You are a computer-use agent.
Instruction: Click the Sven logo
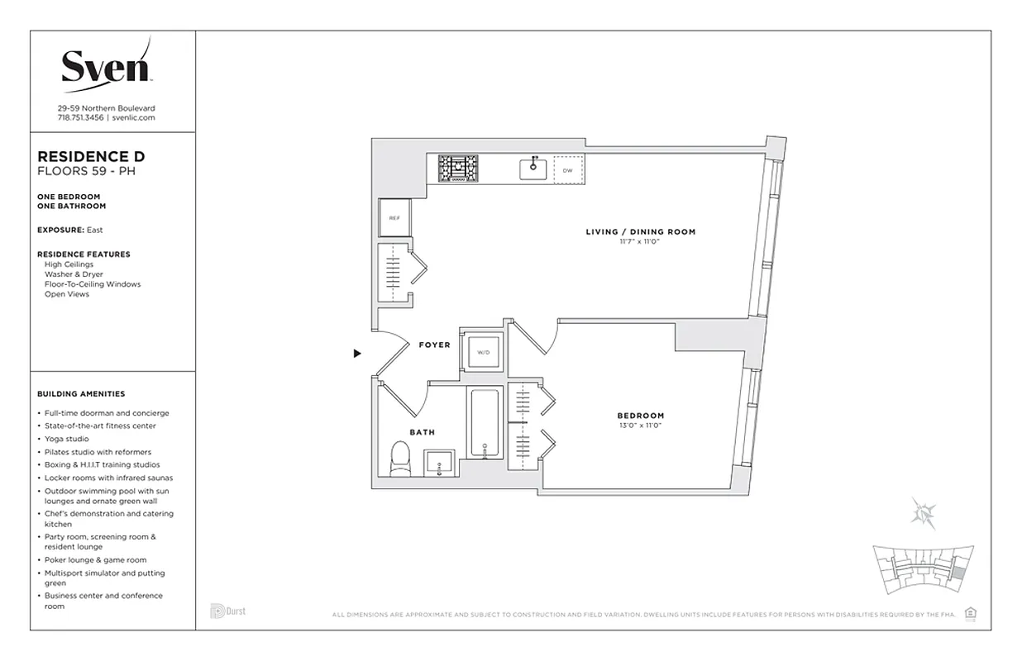tap(106, 66)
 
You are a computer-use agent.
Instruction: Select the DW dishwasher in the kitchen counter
tap(567, 170)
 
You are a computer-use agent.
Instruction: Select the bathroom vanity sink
tap(438, 464)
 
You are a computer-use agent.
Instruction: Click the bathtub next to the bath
tap(484, 423)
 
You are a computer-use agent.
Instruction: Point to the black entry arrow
tap(357, 354)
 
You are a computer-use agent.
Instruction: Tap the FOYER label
tap(434, 345)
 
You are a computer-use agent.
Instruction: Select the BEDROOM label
tap(640, 416)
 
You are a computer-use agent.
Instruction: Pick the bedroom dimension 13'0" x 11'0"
tap(640, 426)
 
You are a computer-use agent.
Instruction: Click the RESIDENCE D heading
tap(92, 156)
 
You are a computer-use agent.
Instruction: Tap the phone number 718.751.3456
tap(80, 118)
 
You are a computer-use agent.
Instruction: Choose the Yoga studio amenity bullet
tap(66, 439)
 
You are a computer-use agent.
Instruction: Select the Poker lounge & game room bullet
tap(95, 560)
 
